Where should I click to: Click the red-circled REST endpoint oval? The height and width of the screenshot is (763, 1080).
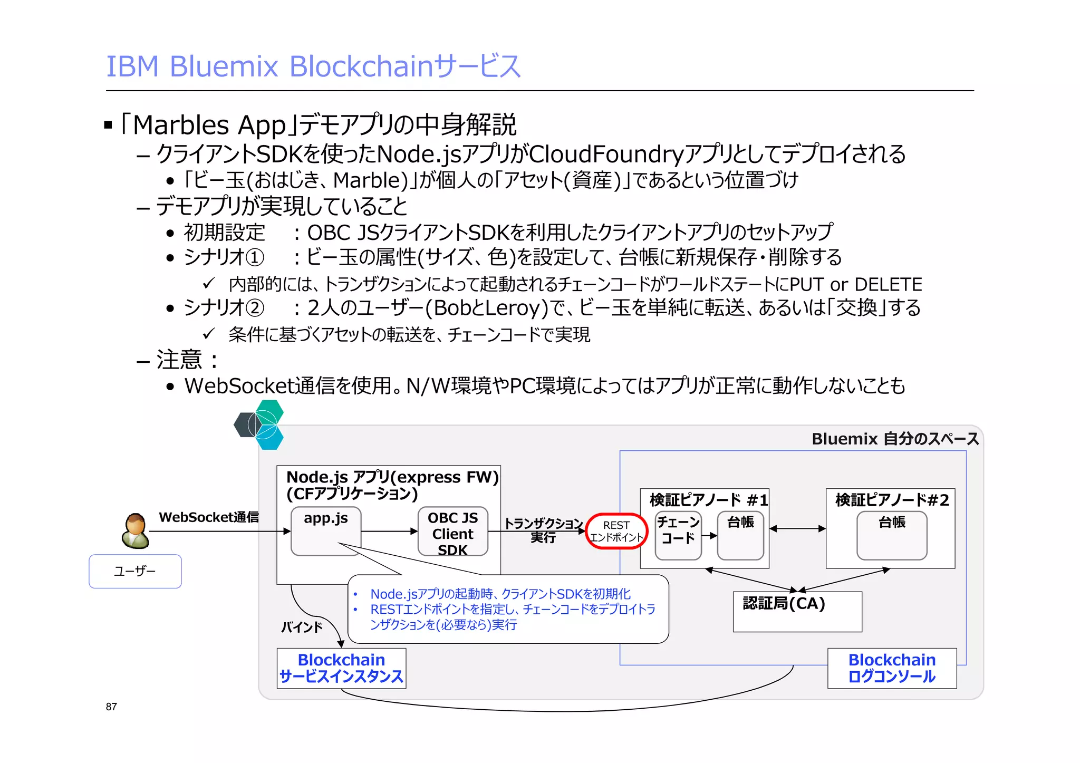click(x=616, y=531)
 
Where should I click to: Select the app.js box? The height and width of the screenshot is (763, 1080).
click(x=326, y=531)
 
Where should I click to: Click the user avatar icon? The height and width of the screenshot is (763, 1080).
click(x=135, y=531)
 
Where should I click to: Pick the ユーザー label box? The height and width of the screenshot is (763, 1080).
click(x=135, y=571)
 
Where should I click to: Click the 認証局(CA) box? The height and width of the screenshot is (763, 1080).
click(x=797, y=611)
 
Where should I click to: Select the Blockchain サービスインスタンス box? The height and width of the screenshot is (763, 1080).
click(x=341, y=668)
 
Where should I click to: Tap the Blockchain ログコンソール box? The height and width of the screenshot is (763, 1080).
click(x=892, y=668)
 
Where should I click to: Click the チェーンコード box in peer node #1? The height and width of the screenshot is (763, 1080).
click(x=678, y=535)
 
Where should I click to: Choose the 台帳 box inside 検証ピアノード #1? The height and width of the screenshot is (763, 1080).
click(x=740, y=535)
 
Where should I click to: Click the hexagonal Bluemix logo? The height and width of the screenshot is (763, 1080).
click(x=259, y=425)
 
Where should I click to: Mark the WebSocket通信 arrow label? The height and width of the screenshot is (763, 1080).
click(x=209, y=517)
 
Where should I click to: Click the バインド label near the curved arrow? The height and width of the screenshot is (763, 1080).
click(x=302, y=627)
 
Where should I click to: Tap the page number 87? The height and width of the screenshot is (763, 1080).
click(x=111, y=707)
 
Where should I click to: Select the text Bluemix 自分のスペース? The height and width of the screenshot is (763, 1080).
click(x=895, y=439)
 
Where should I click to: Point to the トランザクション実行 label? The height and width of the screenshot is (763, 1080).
click(x=543, y=530)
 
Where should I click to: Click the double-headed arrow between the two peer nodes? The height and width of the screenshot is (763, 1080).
click(x=797, y=528)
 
